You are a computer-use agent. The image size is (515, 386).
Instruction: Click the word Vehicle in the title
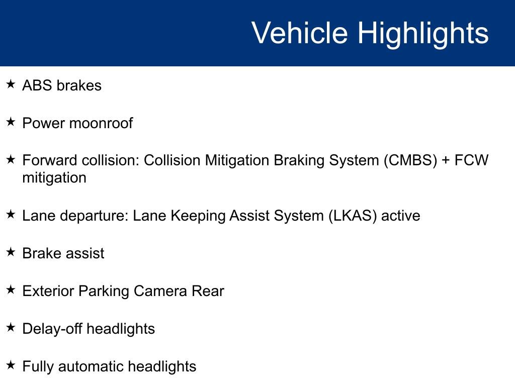coord(299,33)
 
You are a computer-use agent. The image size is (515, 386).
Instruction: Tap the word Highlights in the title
coord(423,33)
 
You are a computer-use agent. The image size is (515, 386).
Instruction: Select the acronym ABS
coord(37,85)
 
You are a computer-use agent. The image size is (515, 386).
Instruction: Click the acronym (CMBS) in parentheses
coord(410,161)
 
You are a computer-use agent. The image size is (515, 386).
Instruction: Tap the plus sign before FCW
coord(447,161)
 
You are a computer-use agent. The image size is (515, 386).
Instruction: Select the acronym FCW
coord(472,161)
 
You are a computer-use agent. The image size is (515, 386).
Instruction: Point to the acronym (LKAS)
coord(352,216)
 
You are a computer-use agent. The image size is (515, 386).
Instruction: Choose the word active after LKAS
coord(401,216)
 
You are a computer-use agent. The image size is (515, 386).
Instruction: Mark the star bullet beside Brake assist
coord(11,252)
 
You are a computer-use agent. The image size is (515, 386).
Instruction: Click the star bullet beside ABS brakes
coord(11,84)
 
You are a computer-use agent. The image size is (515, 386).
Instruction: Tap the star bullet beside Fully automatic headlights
coord(11,365)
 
